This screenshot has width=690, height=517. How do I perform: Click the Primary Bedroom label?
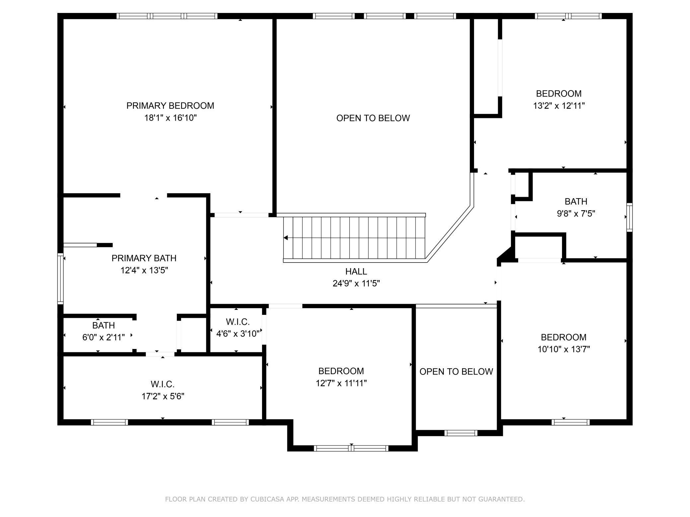170,106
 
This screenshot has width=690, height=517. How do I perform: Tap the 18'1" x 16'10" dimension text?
171,118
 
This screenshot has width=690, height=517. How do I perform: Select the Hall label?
356,271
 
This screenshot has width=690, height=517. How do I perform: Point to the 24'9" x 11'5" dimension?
356,284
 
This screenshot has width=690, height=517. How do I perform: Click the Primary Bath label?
144,258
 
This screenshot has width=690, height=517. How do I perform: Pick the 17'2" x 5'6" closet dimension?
163,396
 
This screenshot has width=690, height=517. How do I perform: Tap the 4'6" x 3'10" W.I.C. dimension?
238,334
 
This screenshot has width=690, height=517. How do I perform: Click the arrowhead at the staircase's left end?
286,238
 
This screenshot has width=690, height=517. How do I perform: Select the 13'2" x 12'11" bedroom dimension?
559,106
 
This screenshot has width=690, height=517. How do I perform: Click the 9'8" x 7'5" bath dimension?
576,213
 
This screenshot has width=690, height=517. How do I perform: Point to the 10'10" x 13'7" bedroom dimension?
564,349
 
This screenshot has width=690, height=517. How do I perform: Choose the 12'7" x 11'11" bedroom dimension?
341,383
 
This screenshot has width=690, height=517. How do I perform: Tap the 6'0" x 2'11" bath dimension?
103,337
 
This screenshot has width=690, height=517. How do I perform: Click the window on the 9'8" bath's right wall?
629,217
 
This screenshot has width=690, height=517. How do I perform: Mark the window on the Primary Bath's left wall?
60,278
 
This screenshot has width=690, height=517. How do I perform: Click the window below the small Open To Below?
461,433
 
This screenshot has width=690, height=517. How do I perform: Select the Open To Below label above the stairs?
373,118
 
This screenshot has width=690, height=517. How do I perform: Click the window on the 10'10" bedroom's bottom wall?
571,422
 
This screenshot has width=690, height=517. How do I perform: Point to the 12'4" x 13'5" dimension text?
144,270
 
